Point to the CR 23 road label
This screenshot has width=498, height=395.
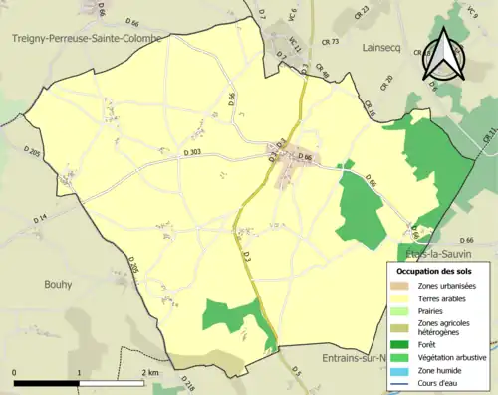click(362, 10)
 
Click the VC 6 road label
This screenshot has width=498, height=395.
click(294, 16)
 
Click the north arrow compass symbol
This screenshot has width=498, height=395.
click(443, 58)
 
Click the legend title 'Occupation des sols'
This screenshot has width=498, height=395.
click(436, 270)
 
